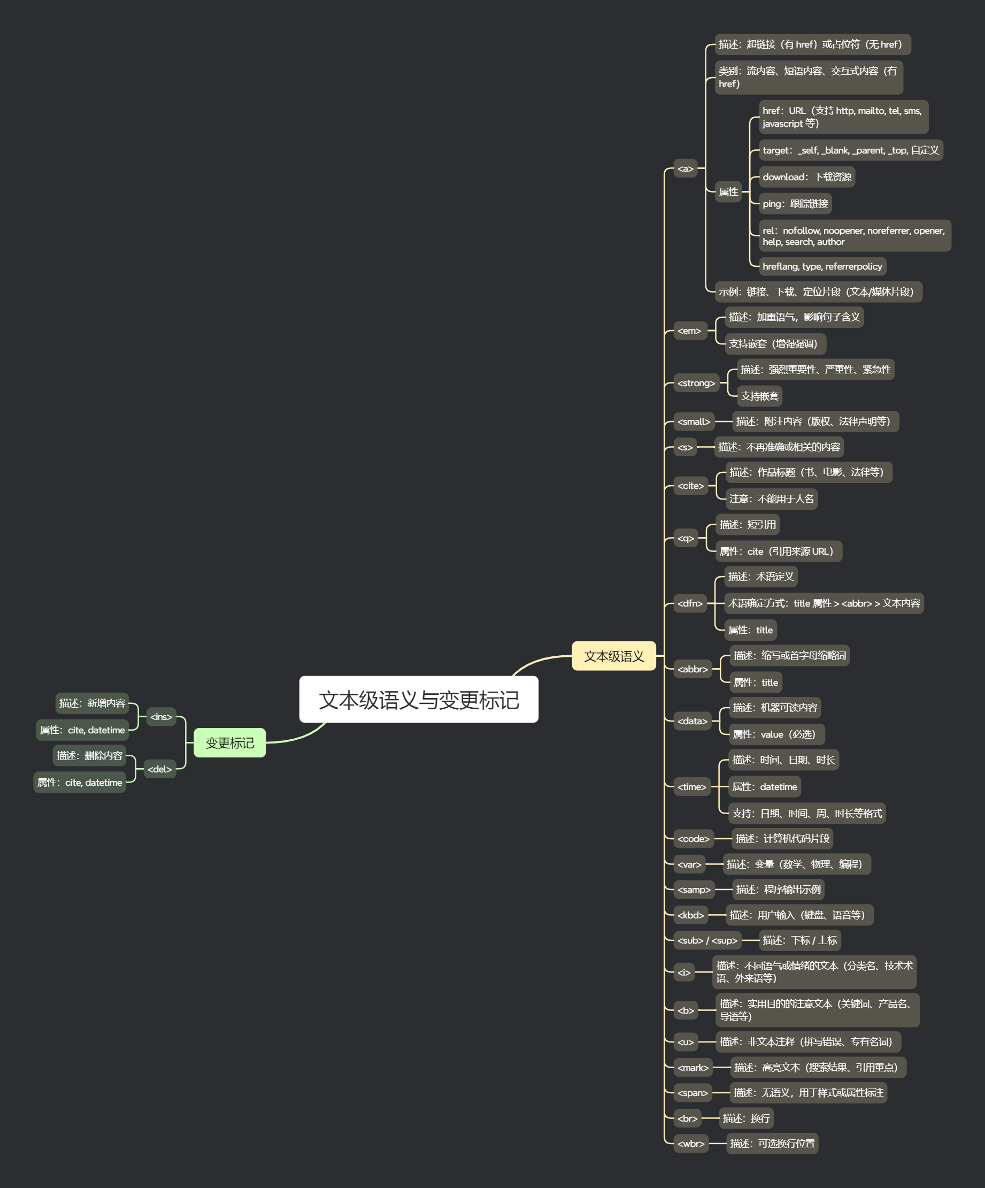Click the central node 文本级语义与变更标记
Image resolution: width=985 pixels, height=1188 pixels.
(x=418, y=699)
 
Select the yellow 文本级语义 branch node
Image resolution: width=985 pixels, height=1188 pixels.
(x=613, y=656)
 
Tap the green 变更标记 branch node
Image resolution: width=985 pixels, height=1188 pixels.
(x=229, y=743)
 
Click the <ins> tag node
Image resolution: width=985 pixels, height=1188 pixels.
(x=161, y=717)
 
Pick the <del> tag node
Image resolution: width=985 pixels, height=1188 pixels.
(x=159, y=769)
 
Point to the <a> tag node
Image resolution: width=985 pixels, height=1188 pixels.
(x=686, y=168)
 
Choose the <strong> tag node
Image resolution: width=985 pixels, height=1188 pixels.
(x=696, y=383)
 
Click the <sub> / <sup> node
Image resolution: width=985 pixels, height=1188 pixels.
(x=707, y=940)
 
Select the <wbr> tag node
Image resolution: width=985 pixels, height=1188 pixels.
(x=691, y=1143)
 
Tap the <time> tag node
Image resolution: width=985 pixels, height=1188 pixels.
(x=691, y=786)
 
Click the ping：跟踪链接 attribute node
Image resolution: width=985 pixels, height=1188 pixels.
(x=795, y=204)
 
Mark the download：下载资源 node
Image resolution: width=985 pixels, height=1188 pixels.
(x=806, y=177)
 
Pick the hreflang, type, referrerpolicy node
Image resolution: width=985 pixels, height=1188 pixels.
(x=822, y=266)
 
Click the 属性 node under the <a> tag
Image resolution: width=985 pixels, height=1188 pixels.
(x=728, y=192)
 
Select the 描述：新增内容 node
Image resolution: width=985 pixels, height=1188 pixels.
(x=92, y=703)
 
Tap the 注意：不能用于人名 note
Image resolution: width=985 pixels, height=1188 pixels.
(x=771, y=499)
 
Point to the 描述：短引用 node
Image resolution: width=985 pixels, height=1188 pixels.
(x=747, y=524)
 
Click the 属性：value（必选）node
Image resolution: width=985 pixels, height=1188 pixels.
(x=776, y=734)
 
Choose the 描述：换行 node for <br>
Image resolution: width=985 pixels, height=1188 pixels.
(x=746, y=1118)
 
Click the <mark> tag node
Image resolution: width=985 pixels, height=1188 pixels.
(x=692, y=1068)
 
